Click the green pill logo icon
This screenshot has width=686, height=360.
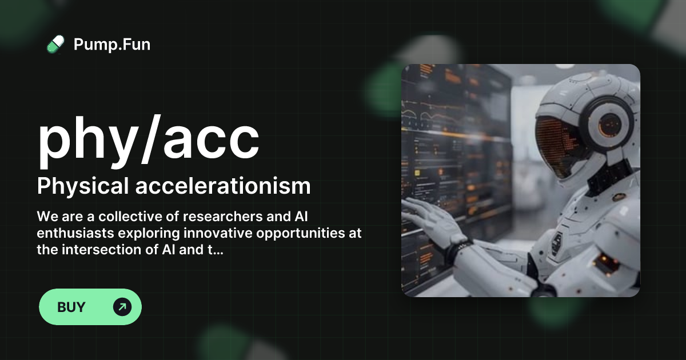55,44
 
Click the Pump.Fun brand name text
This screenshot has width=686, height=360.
112,44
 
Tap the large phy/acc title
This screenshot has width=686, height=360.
149,139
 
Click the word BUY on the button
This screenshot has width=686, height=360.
71,307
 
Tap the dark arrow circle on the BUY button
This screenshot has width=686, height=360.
122,307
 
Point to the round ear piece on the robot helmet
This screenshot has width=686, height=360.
609,123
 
